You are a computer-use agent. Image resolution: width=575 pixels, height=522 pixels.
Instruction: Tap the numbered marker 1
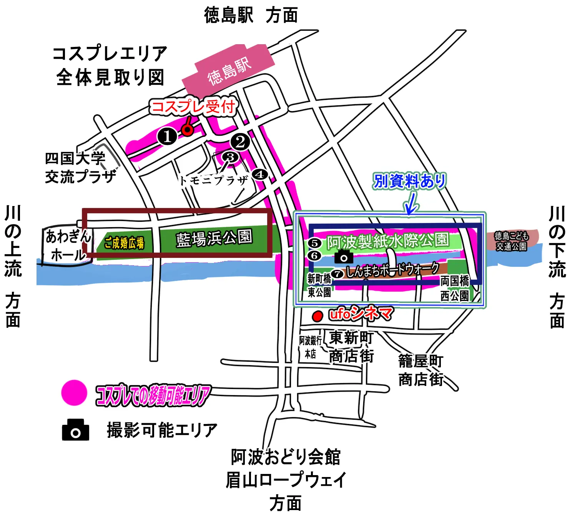click(x=167, y=136)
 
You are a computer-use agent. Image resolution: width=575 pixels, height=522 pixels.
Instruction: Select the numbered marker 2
click(x=241, y=142)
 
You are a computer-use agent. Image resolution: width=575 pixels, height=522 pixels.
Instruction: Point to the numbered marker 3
click(x=230, y=157)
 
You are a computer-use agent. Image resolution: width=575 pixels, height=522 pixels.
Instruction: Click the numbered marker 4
click(x=260, y=175)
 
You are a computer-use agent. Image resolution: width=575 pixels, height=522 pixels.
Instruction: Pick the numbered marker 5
click(x=314, y=243)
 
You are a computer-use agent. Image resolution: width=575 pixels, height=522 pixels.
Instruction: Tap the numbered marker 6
click(x=314, y=256)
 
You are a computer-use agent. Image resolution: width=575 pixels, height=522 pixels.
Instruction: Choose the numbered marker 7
click(x=337, y=274)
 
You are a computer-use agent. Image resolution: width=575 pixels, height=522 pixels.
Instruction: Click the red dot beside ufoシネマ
click(x=317, y=316)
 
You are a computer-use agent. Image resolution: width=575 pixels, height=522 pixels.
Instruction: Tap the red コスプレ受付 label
click(x=193, y=106)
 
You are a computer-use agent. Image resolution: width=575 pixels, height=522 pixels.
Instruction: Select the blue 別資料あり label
click(x=410, y=181)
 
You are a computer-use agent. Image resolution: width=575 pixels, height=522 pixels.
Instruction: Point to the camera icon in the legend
click(x=76, y=430)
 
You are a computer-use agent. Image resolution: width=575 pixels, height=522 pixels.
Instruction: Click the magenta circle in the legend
click(x=74, y=393)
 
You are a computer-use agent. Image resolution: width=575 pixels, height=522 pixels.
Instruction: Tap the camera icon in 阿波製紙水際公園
click(x=344, y=256)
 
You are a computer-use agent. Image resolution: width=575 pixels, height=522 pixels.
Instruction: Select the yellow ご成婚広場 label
click(x=124, y=243)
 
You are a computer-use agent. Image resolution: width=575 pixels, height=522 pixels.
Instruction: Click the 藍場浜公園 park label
click(x=214, y=238)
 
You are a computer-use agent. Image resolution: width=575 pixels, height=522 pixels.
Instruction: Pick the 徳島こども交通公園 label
click(x=511, y=241)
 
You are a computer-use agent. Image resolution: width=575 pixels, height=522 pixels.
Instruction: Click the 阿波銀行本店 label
click(x=311, y=347)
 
